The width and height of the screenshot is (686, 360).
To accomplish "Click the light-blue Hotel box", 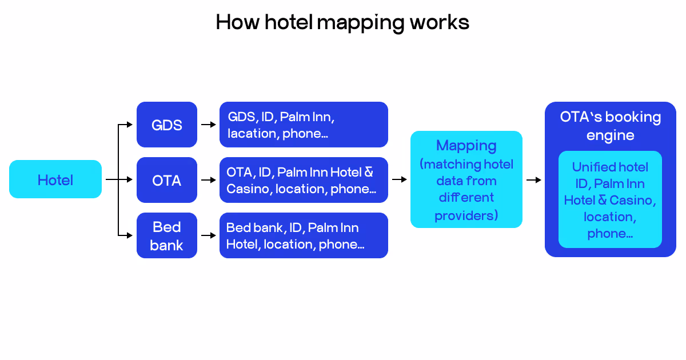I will click(x=55, y=179).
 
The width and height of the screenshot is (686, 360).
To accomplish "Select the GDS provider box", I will click(x=166, y=125).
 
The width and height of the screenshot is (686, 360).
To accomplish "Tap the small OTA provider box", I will click(x=166, y=180).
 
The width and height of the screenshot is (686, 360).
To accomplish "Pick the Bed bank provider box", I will click(x=166, y=235).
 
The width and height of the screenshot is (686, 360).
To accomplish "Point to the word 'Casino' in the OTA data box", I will click(x=248, y=189).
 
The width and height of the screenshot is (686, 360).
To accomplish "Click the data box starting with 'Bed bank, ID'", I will click(x=303, y=235).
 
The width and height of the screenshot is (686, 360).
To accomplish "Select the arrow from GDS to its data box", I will click(x=208, y=125).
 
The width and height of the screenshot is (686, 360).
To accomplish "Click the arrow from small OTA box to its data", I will click(x=208, y=180).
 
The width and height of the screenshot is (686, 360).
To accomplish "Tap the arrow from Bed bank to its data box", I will click(x=208, y=235).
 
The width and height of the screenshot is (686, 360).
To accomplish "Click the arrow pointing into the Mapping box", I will click(x=399, y=179).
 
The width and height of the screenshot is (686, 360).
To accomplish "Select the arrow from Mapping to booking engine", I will click(x=533, y=179).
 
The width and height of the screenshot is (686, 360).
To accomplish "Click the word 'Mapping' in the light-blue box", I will click(x=466, y=146).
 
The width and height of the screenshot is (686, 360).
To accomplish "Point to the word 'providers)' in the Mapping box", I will click(x=466, y=215).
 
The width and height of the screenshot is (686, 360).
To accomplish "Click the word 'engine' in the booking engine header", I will click(x=610, y=135).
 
